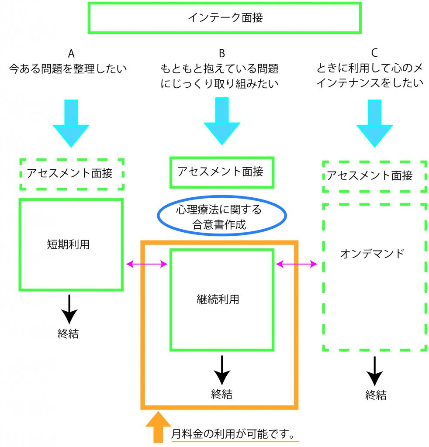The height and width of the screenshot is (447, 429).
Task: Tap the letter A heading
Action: click(x=71, y=53)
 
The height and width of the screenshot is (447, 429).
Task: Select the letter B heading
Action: click(x=222, y=53)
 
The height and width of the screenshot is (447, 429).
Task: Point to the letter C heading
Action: click(x=374, y=53)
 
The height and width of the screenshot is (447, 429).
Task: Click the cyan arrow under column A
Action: click(x=71, y=123)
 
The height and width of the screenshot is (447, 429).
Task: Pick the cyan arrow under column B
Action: click(x=222, y=121)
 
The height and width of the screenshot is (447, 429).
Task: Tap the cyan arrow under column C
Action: click(x=374, y=123)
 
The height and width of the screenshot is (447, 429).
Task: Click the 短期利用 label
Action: click(x=68, y=244)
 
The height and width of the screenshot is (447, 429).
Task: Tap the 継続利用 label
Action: click(x=218, y=299)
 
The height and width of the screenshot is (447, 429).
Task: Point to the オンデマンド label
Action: click(x=373, y=254)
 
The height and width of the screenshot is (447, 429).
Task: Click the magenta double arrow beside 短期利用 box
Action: click(x=147, y=264)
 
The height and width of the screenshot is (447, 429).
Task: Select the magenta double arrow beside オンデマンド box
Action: click(x=297, y=264)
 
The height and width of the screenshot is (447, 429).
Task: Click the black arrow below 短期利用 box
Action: click(x=69, y=309)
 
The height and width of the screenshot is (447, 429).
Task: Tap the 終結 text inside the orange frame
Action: click(x=221, y=394)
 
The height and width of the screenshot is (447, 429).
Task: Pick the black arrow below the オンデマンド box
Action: click(x=374, y=371)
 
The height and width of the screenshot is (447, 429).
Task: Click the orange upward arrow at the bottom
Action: click(x=158, y=427)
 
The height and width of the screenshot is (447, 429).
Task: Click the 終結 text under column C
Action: click(x=376, y=395)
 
